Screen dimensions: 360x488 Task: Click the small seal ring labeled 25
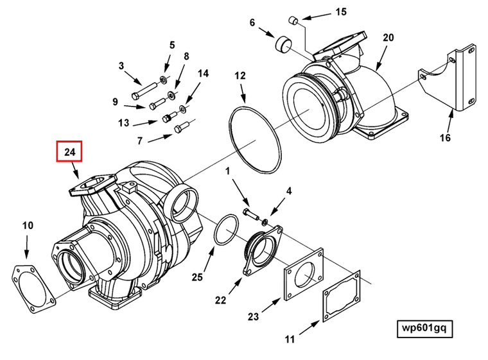coord(225,230)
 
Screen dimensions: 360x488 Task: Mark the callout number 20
coord(388,38)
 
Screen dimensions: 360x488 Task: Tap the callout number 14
coord(203,74)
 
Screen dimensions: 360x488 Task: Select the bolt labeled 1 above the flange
coord(250,210)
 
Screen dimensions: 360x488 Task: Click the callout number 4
coord(289,191)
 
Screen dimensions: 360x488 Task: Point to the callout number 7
coord(139,141)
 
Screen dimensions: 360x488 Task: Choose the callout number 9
coord(115,101)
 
